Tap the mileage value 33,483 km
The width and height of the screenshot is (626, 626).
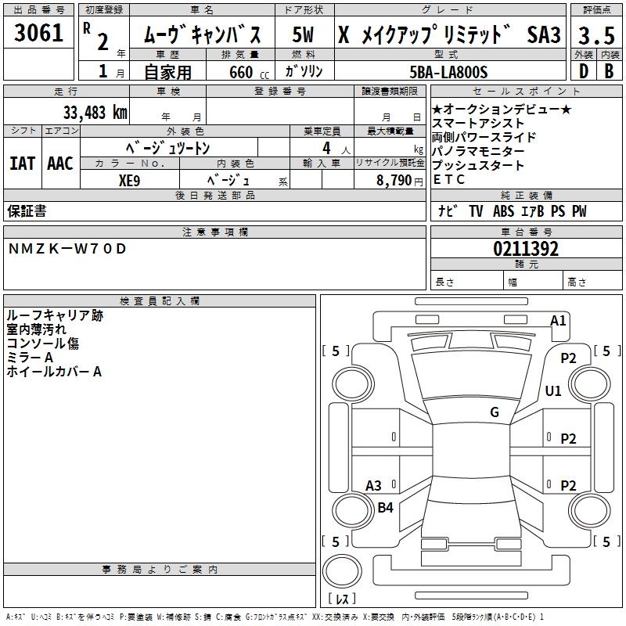click(95, 113)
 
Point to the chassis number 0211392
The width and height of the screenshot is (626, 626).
click(526, 249)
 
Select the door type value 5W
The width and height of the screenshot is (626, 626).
click(304, 34)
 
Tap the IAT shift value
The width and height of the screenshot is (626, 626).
click(22, 164)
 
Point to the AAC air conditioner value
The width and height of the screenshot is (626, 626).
click(60, 164)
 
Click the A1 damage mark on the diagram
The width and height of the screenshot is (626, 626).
click(558, 320)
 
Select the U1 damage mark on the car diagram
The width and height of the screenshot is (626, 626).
click(553, 390)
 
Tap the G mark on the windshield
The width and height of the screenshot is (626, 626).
click(495, 412)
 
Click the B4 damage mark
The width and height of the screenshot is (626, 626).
click(386, 507)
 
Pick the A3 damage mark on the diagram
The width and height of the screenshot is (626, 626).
click(374, 485)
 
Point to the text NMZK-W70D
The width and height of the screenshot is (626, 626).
click(67, 249)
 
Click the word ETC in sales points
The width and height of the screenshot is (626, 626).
click(449, 179)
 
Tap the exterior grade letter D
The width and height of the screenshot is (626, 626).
click(583, 72)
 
